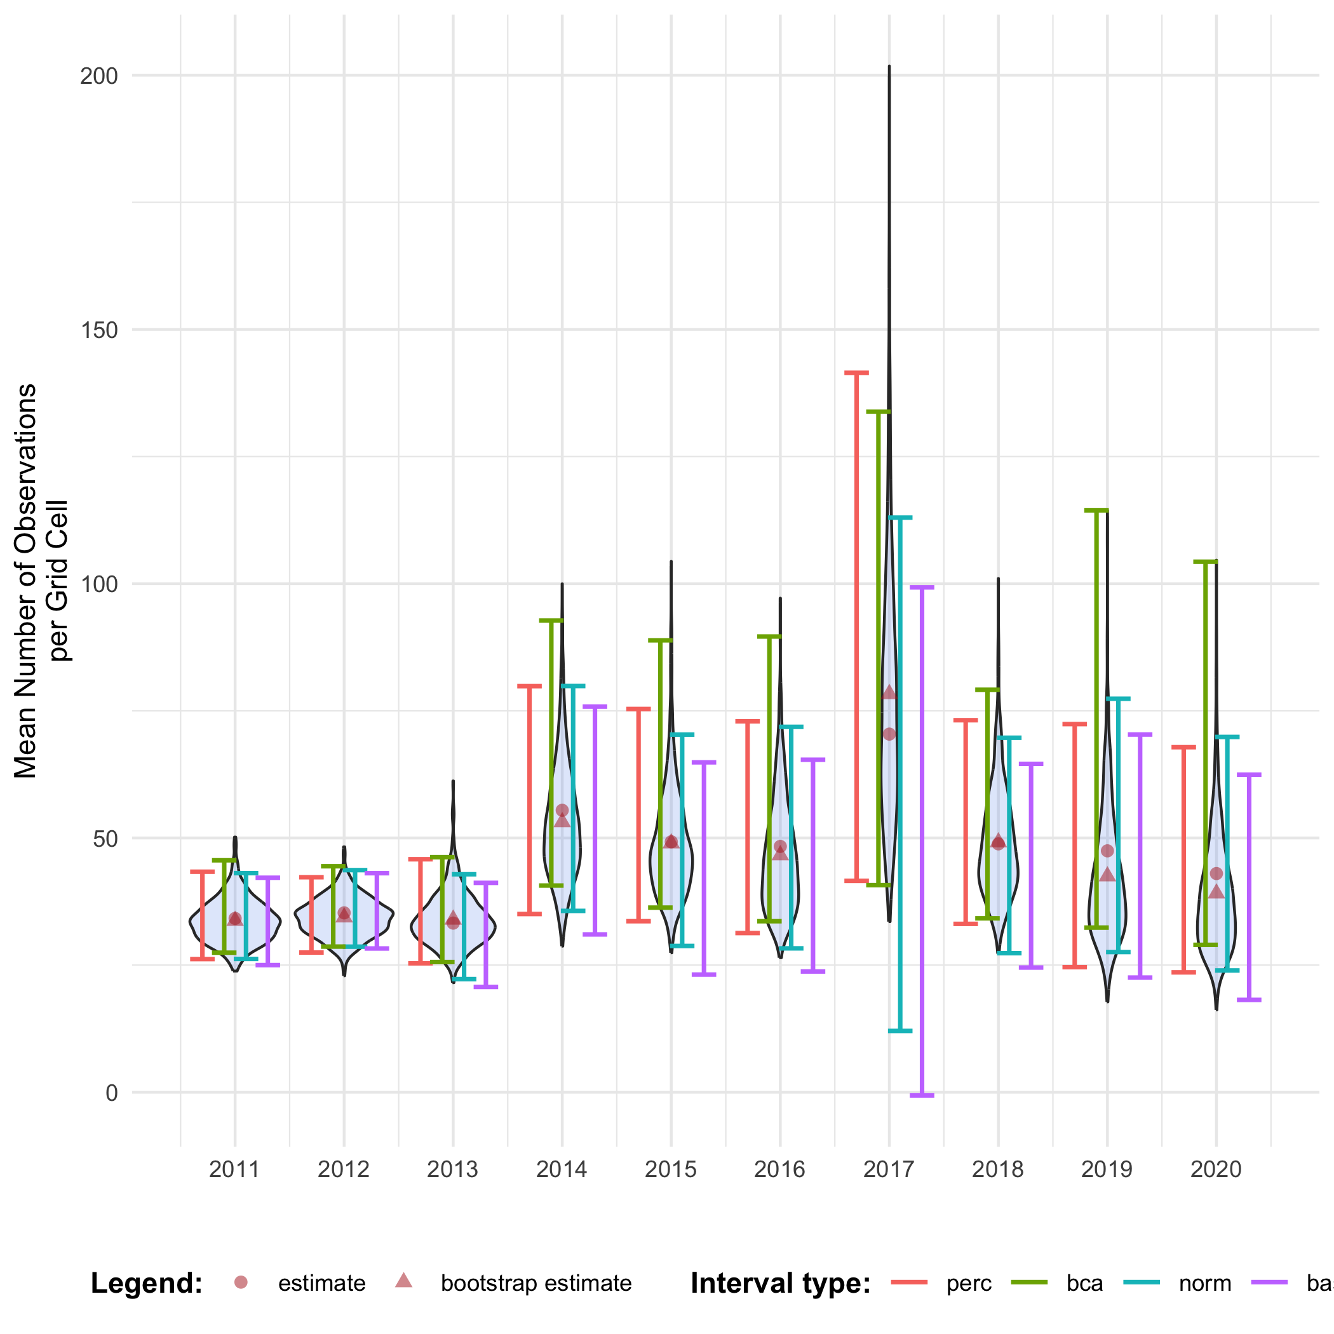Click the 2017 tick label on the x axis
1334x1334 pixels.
[x=889, y=1169]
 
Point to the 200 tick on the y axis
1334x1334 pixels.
[x=98, y=76]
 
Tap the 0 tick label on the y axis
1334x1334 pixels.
[x=111, y=1093]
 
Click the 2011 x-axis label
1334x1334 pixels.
[x=234, y=1169]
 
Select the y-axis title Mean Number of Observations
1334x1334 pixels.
[x=26, y=581]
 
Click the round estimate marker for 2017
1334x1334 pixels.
[x=889, y=734]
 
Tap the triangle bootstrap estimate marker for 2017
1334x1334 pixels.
[x=889, y=692]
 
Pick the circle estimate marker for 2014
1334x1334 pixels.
[x=562, y=811]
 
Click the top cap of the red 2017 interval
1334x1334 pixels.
[x=856, y=373]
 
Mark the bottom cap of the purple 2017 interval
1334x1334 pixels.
[x=922, y=1096]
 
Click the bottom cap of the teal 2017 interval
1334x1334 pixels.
[x=899, y=1031]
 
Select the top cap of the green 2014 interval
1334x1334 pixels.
[x=551, y=621]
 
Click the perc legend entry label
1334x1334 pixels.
[x=969, y=1284]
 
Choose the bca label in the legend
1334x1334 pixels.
[x=1084, y=1284]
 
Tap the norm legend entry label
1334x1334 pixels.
[x=1205, y=1284]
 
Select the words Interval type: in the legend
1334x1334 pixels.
[x=780, y=1284]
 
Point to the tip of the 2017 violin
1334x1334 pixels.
[x=889, y=67]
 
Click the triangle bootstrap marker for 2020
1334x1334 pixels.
[x=1216, y=891]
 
